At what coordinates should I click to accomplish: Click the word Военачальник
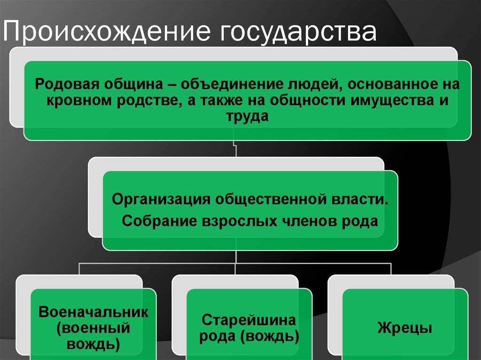93,312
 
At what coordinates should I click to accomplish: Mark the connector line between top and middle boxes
235,149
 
